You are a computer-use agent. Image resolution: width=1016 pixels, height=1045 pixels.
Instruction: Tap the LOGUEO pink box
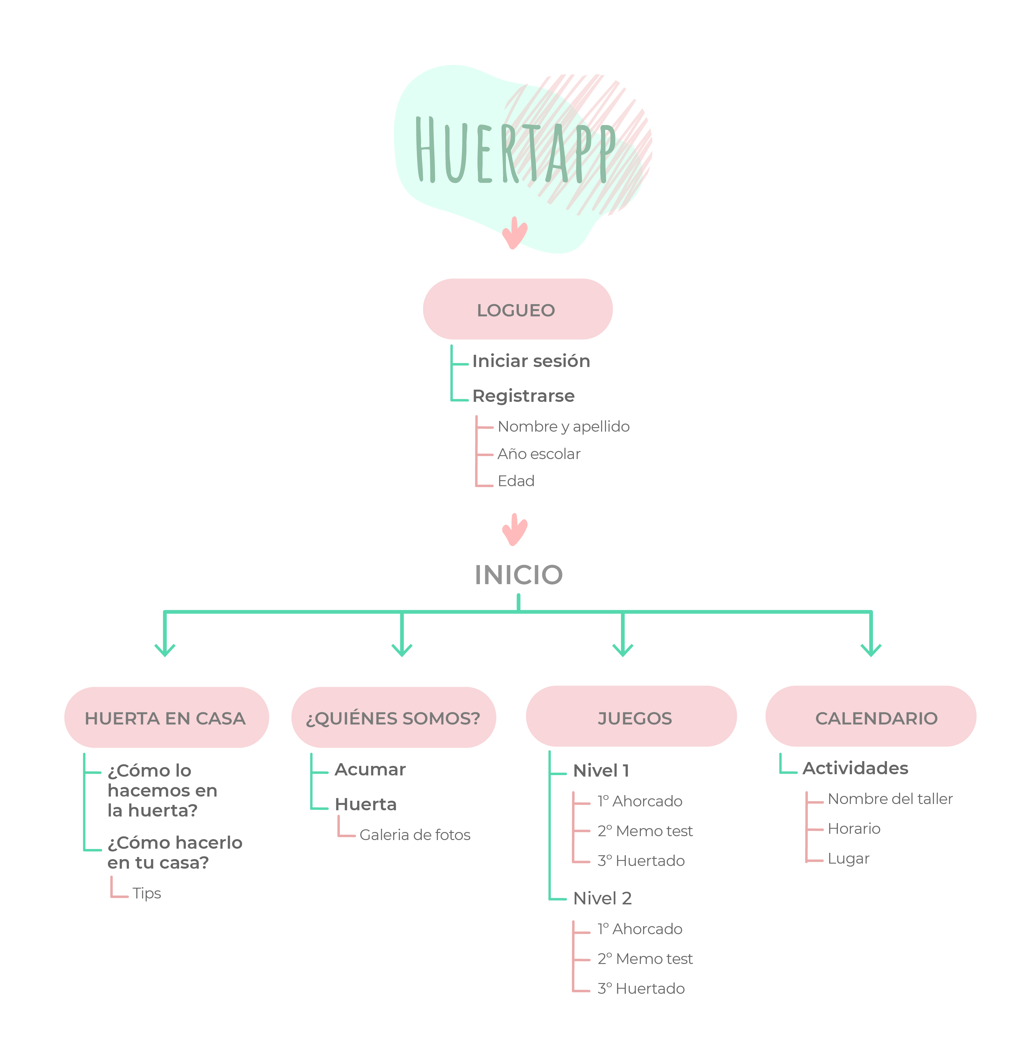click(517, 310)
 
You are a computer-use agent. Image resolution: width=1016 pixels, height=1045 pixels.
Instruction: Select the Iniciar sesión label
click(531, 361)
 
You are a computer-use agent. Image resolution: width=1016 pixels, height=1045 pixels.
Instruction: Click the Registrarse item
click(523, 396)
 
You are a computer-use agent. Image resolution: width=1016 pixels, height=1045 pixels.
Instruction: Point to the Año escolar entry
click(539, 454)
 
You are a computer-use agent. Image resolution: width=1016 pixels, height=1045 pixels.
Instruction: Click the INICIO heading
click(519, 575)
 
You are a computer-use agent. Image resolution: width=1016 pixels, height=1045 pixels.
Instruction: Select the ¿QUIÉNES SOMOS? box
click(393, 718)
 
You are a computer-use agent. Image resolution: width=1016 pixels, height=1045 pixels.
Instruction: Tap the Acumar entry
click(370, 770)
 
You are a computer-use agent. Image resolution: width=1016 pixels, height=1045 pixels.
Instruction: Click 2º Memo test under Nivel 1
click(645, 831)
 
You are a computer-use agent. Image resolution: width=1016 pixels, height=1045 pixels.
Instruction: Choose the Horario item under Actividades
click(854, 829)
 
